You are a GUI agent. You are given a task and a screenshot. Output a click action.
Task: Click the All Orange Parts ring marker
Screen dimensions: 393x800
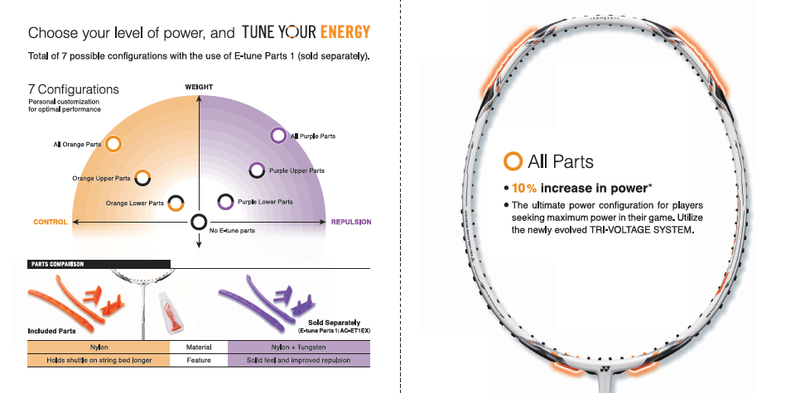[114, 144]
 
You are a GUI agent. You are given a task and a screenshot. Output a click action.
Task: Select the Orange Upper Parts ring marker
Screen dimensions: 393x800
[142, 177]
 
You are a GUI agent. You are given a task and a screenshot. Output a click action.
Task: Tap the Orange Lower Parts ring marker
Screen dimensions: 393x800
[176, 203]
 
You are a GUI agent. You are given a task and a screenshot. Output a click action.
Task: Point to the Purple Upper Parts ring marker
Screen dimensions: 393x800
[258, 170]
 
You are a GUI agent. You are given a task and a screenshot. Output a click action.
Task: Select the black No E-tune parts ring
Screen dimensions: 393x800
[199, 222]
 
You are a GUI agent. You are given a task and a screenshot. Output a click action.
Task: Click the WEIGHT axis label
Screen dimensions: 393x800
[199, 86]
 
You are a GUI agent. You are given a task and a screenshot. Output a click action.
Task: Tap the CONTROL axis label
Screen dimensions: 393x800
[50, 222]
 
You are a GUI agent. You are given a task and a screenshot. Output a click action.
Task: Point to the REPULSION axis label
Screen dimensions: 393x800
[351, 222]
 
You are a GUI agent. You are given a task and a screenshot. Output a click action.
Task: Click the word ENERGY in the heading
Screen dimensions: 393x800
[345, 33]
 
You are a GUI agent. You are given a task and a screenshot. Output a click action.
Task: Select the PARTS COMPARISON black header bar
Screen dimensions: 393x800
[99, 265]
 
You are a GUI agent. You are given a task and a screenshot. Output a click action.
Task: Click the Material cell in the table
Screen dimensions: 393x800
[199, 347]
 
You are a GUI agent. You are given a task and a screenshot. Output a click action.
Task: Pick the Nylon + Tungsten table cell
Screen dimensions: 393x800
[299, 347]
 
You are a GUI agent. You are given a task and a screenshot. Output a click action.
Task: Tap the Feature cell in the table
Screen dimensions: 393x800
[199, 360]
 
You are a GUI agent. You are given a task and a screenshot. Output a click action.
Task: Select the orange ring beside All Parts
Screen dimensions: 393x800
[513, 161]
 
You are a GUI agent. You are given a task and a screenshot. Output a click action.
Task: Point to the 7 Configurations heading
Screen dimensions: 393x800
[74, 89]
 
